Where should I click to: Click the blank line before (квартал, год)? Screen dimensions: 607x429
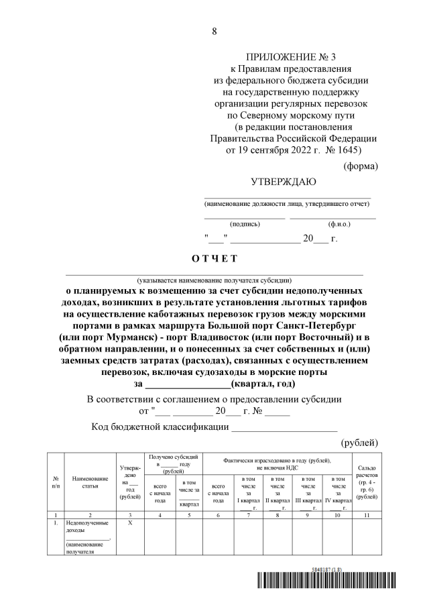[187, 384]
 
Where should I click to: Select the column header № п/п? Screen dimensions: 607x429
[55, 482]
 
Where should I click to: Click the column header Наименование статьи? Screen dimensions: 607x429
[90, 482]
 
